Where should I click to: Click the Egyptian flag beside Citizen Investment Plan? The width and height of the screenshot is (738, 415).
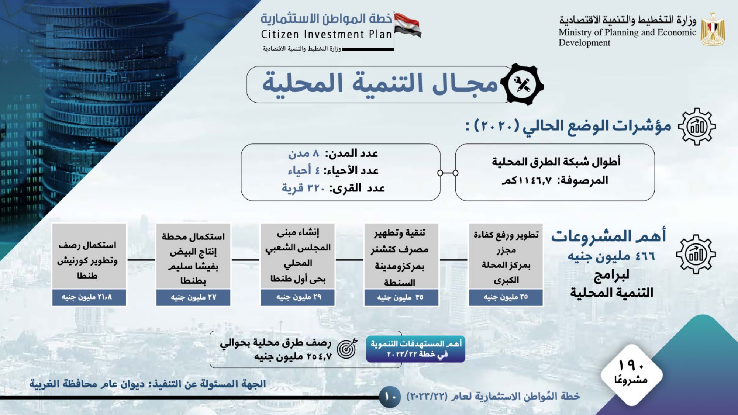pyautogui.click(x=407, y=25)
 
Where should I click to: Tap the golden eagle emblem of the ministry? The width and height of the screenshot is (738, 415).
pyautogui.click(x=713, y=30)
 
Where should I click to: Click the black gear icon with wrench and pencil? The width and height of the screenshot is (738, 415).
pyautogui.click(x=522, y=84)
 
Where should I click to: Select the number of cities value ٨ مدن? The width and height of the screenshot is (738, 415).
pyautogui.click(x=304, y=153)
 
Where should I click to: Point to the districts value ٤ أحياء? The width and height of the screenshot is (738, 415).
pyautogui.click(x=304, y=170)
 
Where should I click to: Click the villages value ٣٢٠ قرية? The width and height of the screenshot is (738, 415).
pyautogui.click(x=303, y=188)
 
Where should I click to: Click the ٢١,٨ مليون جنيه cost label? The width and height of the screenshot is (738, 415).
pyautogui.click(x=87, y=297)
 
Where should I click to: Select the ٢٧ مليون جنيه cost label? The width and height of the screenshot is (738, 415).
pyautogui.click(x=193, y=297)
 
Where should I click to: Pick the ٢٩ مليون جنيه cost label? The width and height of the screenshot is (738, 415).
pyautogui.click(x=299, y=297)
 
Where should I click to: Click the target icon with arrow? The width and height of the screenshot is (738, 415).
pyautogui.click(x=347, y=349)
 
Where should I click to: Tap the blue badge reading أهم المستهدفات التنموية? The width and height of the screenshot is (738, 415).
pyautogui.click(x=415, y=349)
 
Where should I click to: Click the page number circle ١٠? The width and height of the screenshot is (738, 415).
pyautogui.click(x=390, y=397)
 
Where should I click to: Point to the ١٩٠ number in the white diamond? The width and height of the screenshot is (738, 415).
pyautogui.click(x=631, y=365)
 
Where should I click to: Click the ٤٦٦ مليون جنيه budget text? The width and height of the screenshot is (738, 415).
pyautogui.click(x=611, y=256)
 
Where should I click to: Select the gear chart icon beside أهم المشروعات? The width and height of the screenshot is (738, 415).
pyautogui.click(x=696, y=254)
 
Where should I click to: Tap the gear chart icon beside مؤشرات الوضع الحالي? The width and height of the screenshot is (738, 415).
pyautogui.click(x=697, y=127)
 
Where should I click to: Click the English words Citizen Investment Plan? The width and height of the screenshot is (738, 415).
pyautogui.click(x=326, y=34)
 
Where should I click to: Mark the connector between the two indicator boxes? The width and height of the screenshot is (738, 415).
pyautogui.click(x=448, y=173)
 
